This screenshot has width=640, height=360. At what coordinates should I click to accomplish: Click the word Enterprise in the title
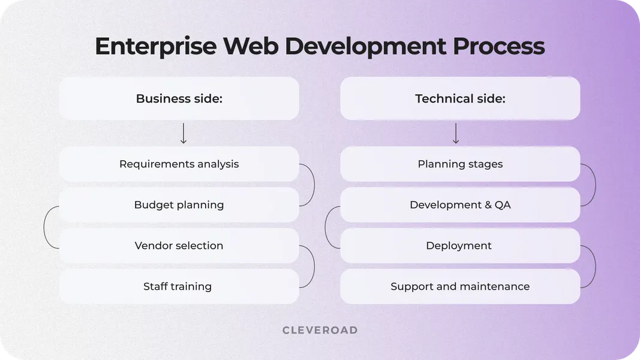156,47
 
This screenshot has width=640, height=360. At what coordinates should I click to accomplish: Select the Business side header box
179,98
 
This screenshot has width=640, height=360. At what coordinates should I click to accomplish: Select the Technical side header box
460,98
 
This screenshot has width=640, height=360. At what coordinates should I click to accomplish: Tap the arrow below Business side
184,133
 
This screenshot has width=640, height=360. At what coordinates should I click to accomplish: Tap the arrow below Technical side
456,133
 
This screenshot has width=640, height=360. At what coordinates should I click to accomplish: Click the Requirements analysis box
179,164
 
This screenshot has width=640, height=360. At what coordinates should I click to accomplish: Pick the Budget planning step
179,205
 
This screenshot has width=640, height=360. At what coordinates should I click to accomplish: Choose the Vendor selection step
179,245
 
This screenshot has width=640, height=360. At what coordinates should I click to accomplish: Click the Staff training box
179,286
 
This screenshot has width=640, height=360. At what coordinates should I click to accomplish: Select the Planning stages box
460,164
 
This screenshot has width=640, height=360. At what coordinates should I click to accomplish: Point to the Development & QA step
460,205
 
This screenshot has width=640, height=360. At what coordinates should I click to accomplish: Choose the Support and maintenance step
460,286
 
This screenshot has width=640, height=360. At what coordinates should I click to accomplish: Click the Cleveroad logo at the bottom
320,330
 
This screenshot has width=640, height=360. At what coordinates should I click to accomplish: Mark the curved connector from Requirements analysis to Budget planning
313,185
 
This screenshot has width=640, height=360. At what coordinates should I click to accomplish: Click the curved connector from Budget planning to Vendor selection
45,227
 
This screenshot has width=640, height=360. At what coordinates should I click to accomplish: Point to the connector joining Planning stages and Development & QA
594,185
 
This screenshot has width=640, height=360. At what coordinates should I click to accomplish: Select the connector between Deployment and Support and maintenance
594,266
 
